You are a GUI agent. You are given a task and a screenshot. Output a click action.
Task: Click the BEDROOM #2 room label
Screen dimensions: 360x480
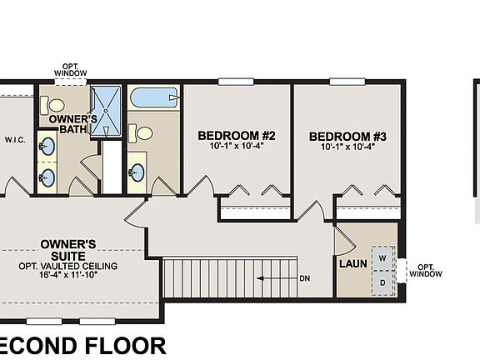[237, 135]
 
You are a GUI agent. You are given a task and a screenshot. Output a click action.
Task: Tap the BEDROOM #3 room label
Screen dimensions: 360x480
[347, 136]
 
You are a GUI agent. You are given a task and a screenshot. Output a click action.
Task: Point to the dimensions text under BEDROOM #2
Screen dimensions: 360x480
[237, 147]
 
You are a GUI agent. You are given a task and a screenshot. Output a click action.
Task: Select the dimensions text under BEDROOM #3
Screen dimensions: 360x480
[347, 148]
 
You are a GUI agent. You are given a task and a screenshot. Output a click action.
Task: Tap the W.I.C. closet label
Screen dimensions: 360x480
[15, 140]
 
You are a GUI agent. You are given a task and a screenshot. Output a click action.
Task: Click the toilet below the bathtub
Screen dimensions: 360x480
[142, 132]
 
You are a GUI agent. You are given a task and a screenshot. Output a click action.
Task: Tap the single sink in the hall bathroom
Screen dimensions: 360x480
[136, 172]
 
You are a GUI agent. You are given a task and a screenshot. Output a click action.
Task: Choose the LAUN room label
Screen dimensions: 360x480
[349, 264]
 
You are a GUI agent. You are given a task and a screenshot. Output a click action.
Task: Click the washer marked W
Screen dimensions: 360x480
[382, 257]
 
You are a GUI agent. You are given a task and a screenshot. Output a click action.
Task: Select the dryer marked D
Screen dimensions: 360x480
[382, 282]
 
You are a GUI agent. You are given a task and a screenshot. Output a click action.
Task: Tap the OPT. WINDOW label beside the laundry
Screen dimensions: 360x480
[426, 271]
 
